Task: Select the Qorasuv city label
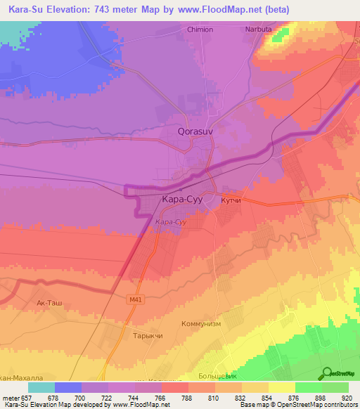(193, 131)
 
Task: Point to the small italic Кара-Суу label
(170, 222)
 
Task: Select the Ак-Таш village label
(49, 303)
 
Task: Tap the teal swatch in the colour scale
(41, 387)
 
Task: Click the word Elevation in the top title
(73, 9)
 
